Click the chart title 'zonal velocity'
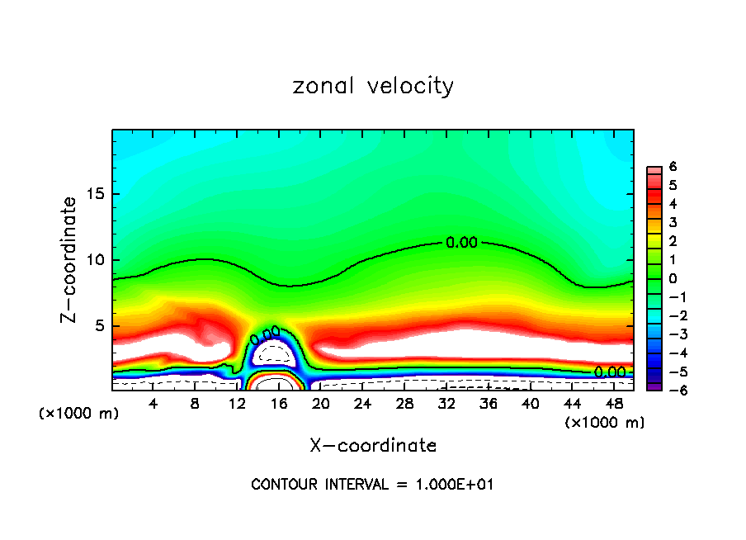click(373, 86)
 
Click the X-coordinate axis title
click(373, 446)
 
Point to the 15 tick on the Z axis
click(97, 194)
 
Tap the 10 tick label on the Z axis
click(97, 260)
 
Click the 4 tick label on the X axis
click(153, 404)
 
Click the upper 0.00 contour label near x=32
click(461, 243)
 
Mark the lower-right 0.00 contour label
click(610, 372)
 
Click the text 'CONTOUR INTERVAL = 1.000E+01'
click(372, 485)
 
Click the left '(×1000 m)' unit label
click(79, 414)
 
